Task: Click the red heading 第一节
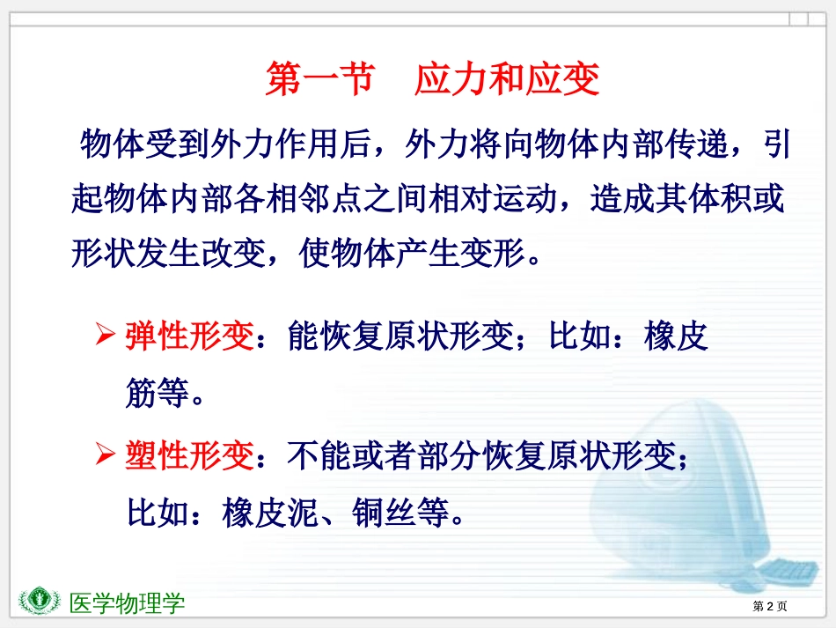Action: (x=320, y=78)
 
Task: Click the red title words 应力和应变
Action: (x=507, y=78)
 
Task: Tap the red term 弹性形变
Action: (x=189, y=336)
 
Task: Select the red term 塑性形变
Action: (x=189, y=455)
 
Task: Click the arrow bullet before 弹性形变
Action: (x=105, y=335)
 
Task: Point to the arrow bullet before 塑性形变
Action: (x=105, y=454)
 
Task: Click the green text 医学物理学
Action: (x=127, y=603)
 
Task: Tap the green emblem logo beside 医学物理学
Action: (x=39, y=601)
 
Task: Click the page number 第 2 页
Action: (x=769, y=606)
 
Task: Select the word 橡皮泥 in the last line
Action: (x=270, y=513)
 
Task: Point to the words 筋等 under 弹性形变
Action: (x=158, y=393)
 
